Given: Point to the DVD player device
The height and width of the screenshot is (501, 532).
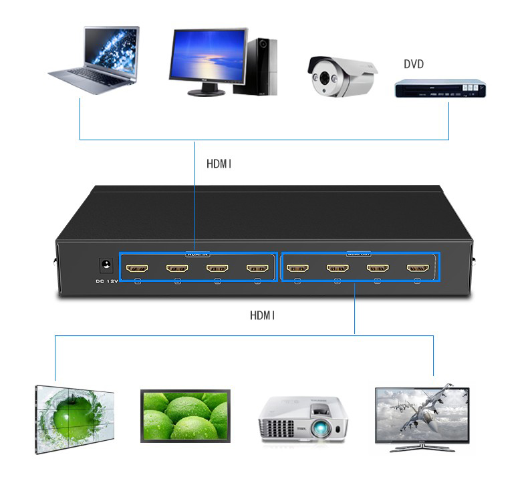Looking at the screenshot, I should tap(438, 89).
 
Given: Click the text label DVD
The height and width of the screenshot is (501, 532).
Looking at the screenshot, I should tap(414, 65).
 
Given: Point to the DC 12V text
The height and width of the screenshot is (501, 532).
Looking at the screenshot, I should tap(105, 281).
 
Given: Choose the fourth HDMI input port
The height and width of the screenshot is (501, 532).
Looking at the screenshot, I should tap(257, 269).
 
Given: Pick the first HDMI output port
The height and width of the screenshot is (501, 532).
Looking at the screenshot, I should tap(297, 269).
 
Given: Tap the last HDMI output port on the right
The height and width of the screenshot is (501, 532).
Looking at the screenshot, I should tap(418, 269).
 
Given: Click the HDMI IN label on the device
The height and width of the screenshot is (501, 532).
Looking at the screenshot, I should tap(198, 254).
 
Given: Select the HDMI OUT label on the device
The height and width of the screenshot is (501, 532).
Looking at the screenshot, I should tap(359, 254).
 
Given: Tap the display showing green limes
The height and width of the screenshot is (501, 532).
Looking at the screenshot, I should tap(185, 415).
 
